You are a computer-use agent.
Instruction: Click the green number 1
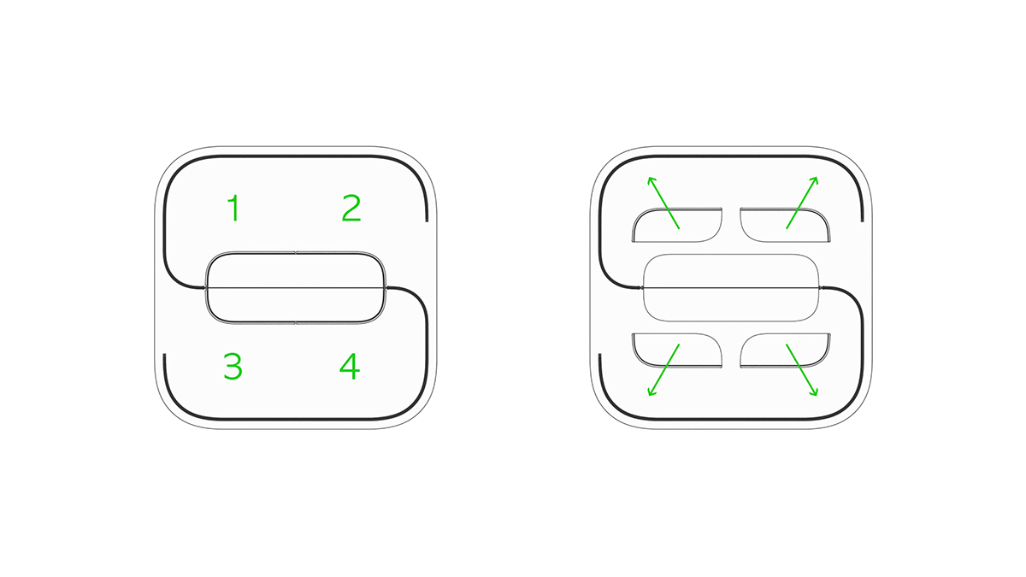click(234, 208)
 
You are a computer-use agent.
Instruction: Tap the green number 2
click(351, 208)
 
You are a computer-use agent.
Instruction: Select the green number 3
click(233, 367)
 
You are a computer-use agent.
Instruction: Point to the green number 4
click(350, 367)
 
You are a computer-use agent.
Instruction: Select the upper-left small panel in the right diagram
click(677, 225)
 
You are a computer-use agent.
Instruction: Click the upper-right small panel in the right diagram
click(785, 225)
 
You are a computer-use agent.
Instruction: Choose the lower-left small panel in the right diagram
click(677, 350)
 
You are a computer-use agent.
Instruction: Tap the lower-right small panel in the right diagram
click(785, 350)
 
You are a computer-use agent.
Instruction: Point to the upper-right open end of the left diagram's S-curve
click(427, 221)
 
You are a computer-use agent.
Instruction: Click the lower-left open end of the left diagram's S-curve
click(164, 355)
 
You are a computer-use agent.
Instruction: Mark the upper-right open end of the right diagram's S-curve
click(863, 221)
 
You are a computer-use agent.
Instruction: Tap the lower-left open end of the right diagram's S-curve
click(600, 355)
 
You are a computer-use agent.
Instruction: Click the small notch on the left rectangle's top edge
click(296, 252)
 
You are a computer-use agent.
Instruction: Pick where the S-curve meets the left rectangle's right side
click(386, 287)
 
